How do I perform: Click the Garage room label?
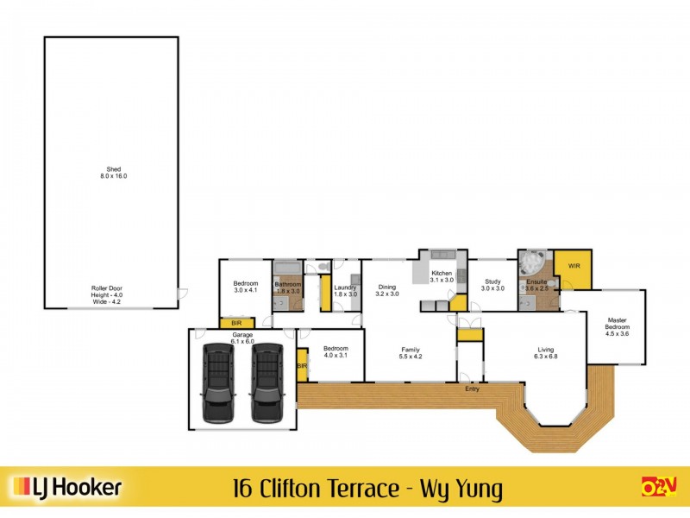coord(241,338)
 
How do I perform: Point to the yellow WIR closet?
coord(573,268)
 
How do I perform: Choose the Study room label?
coord(492,284)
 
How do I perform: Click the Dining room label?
coord(387,290)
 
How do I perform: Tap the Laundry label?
coord(346,290)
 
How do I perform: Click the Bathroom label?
coord(287,287)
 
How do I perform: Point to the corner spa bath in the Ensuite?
coord(532,262)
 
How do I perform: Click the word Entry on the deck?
coord(471,389)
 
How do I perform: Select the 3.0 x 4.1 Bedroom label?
coord(246,287)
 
